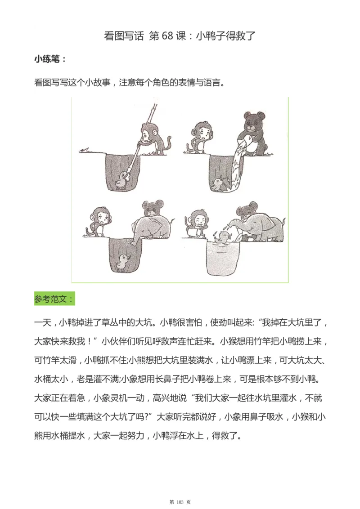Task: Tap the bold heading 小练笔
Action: (x=50, y=59)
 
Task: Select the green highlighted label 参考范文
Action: (x=54, y=299)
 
